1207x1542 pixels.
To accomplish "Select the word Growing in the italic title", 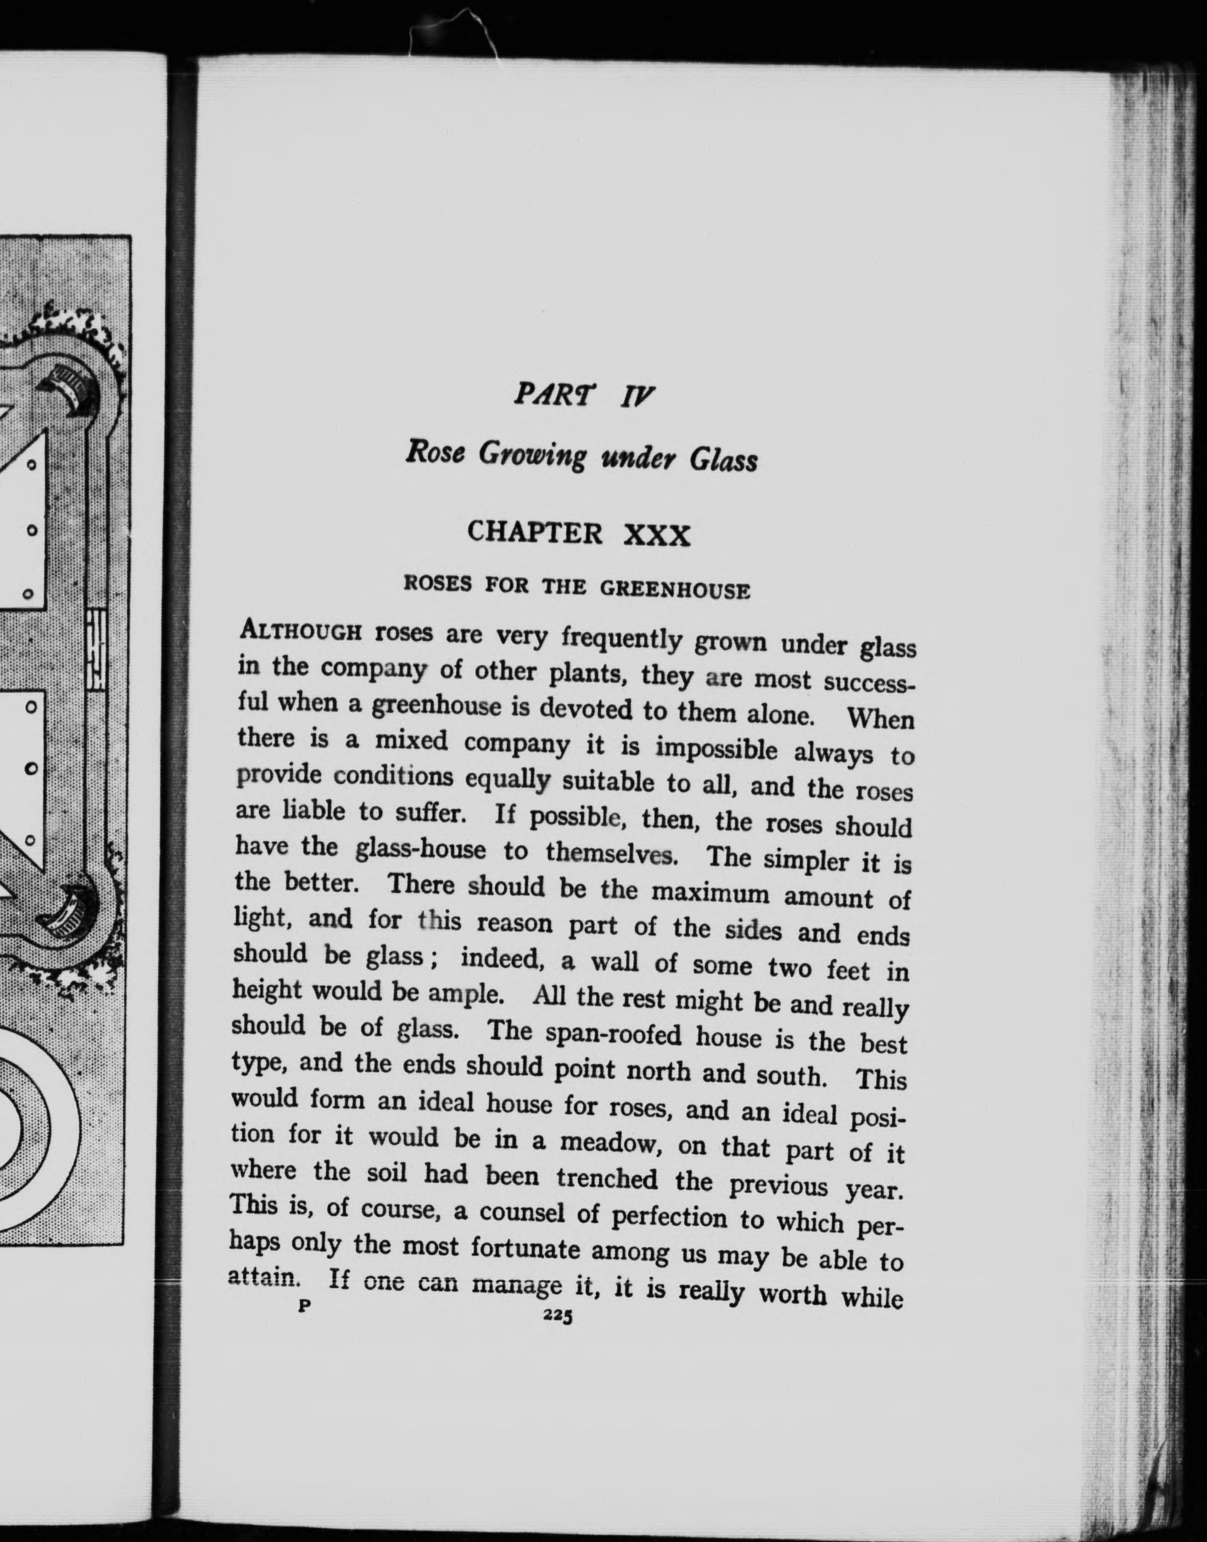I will tap(532, 456).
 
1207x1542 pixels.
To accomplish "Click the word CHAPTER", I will tap(535, 532).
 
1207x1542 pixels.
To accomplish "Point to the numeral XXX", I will tap(657, 537).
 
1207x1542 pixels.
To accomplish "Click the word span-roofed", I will tap(612, 1036).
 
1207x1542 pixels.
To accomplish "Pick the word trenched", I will tap(606, 1178).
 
